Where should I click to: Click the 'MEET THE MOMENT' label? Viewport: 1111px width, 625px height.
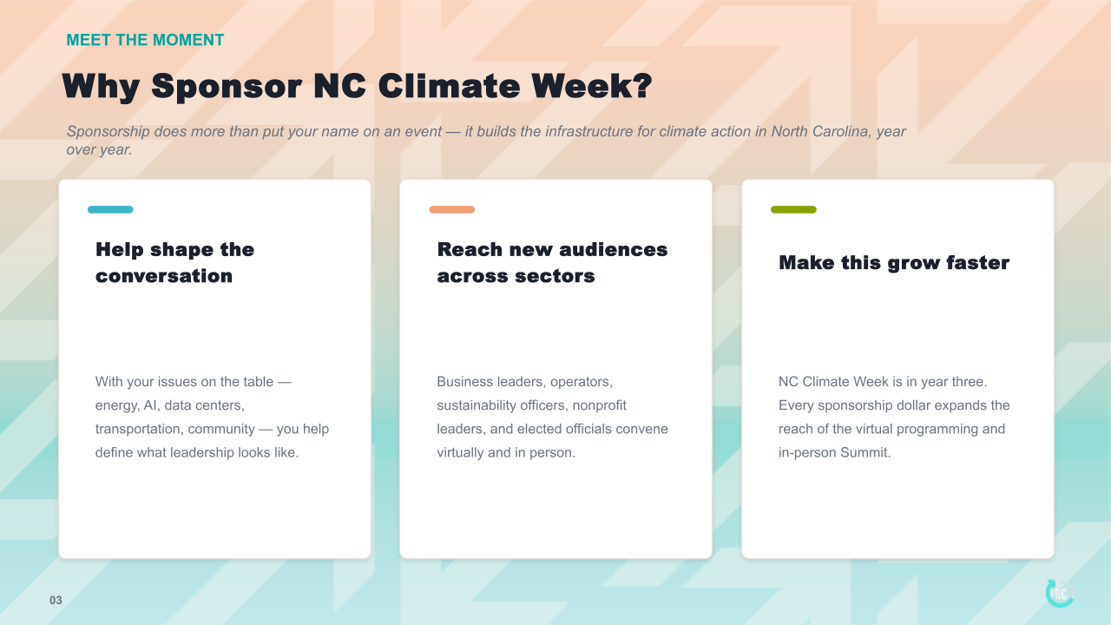click(145, 40)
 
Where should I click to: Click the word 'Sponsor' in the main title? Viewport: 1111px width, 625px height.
click(227, 87)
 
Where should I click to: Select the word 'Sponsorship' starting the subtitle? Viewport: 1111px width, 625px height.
click(108, 132)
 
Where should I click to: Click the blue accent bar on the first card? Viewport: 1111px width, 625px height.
click(110, 209)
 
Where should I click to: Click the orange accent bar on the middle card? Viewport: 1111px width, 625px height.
click(452, 209)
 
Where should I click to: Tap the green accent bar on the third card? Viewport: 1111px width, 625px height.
click(793, 209)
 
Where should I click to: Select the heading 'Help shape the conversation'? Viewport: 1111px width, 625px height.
click(174, 263)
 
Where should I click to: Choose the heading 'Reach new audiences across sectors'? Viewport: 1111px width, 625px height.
click(552, 263)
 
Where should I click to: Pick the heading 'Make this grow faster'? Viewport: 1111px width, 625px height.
click(894, 263)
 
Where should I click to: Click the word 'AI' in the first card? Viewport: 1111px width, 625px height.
click(150, 405)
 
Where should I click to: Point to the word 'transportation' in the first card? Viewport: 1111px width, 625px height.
click(140, 429)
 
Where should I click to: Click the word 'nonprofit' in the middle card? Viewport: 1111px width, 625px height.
click(599, 405)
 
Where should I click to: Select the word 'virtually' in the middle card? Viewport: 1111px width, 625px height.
click(460, 453)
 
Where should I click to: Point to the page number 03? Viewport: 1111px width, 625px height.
click(56, 601)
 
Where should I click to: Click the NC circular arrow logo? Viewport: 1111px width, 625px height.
click(1060, 593)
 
